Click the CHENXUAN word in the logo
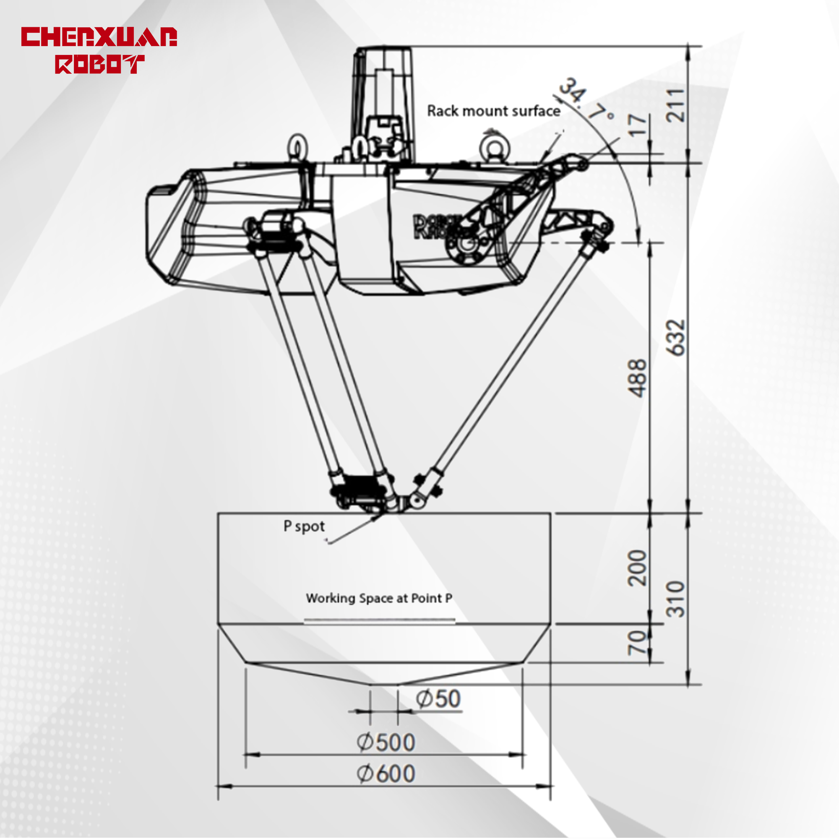[99, 37]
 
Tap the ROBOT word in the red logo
[99, 64]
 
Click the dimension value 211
[676, 105]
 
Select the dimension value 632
[676, 338]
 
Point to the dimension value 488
[638, 378]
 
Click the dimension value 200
[638, 568]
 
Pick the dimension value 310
[676, 600]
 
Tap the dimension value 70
[637, 643]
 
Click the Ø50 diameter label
[438, 699]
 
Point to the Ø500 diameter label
[386, 742]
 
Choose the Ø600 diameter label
[386, 774]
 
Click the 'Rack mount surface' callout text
[493, 112]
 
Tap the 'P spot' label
[304, 526]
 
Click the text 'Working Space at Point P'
[379, 599]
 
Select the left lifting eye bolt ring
[298, 148]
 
